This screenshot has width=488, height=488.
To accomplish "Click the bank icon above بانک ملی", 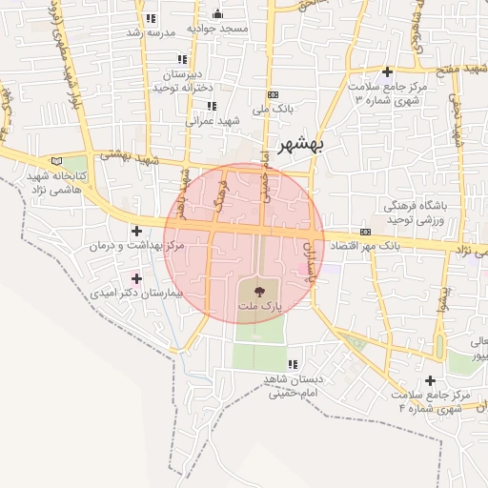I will coord(274,94).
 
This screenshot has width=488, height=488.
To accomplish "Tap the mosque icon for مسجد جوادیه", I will coord(217,13).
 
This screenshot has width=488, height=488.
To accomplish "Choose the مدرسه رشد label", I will coord(146,32).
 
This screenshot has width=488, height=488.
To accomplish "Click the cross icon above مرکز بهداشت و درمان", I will coord(137,231).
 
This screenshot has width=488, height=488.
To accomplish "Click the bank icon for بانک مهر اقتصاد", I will coord(365,233).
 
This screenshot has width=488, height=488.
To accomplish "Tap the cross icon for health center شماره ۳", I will coord(387,71).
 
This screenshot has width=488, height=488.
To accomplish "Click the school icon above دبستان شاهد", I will coord(292,364).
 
